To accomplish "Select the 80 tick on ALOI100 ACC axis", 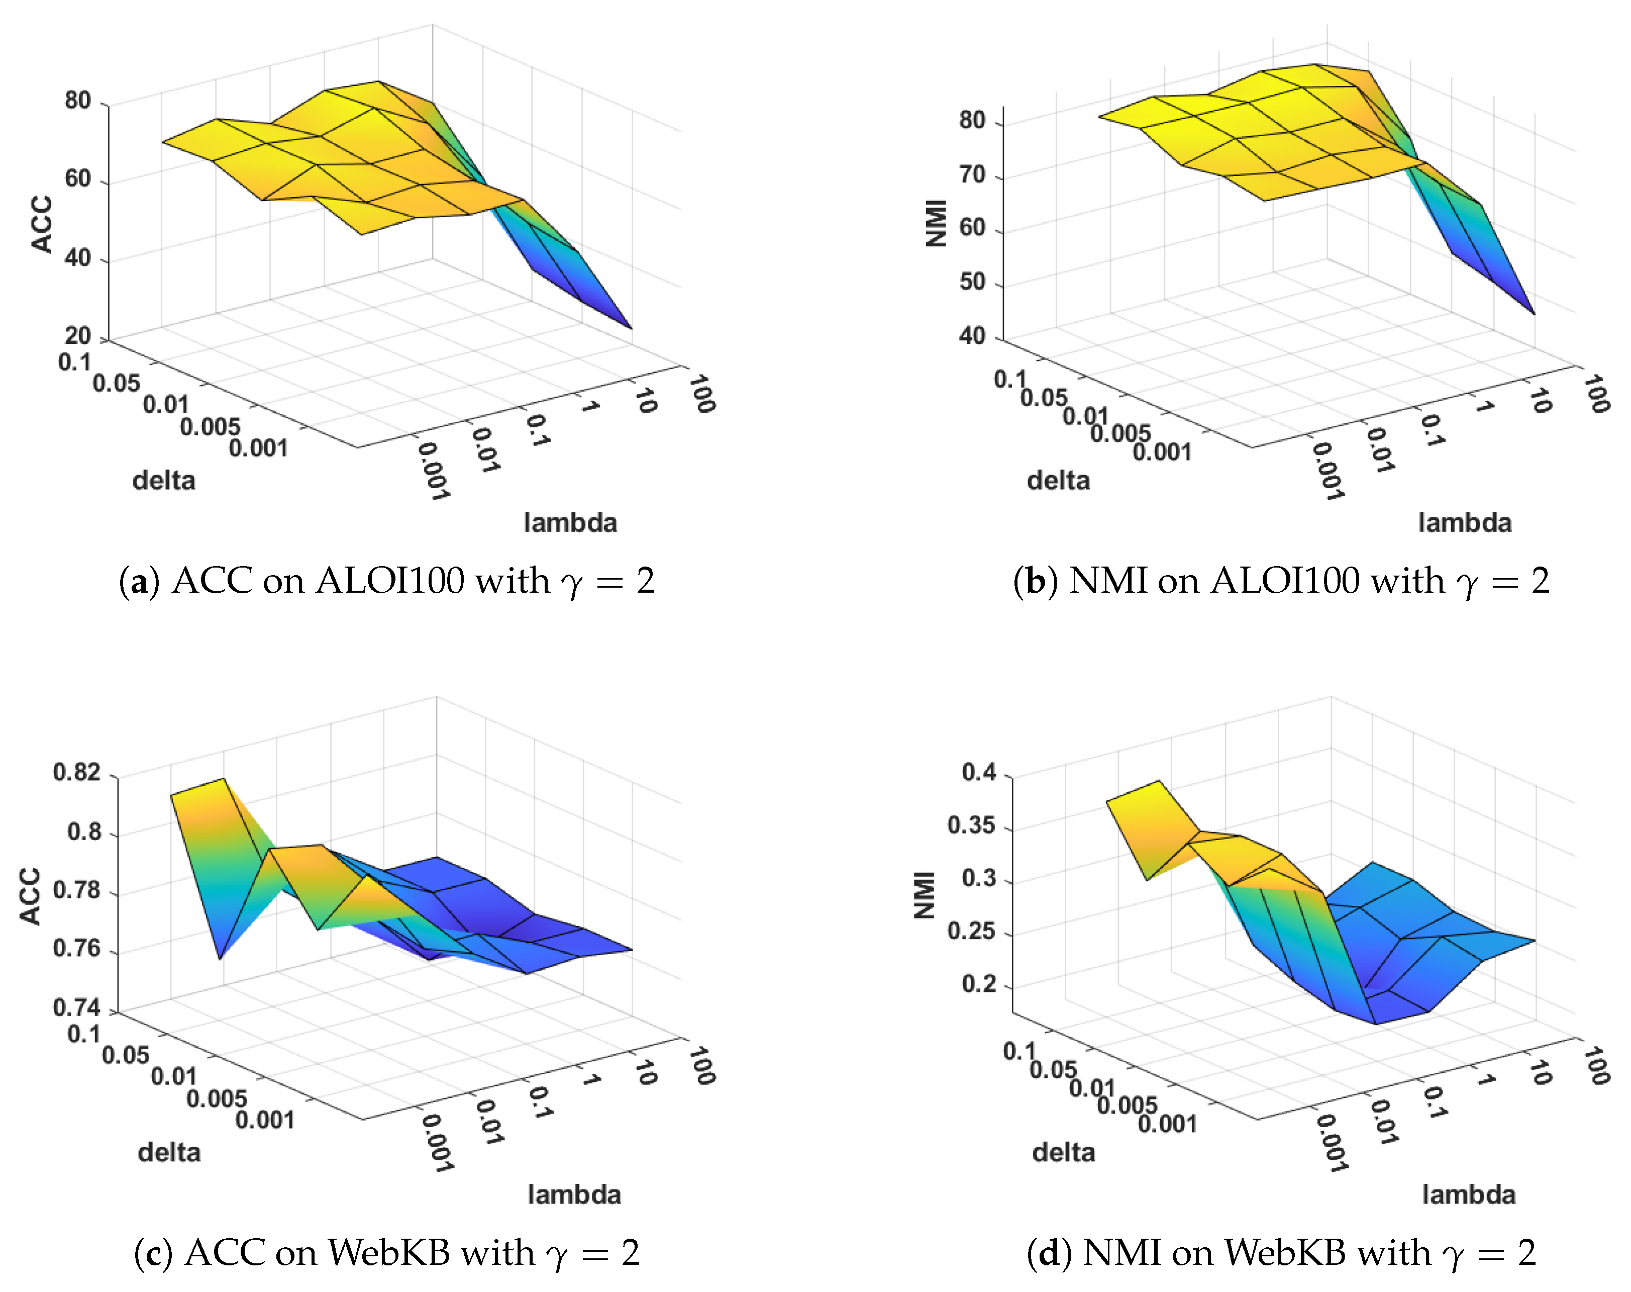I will [x=77, y=101].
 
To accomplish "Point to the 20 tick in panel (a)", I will [x=77, y=335].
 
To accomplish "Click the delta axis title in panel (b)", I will [x=1058, y=480].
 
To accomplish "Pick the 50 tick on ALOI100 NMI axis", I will [x=972, y=282].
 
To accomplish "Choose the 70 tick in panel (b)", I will [x=972, y=175].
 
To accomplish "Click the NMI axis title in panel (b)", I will [x=936, y=223].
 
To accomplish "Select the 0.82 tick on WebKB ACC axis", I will [x=76, y=772].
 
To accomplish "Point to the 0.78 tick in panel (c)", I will [x=76, y=890].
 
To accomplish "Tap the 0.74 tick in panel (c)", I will [x=76, y=1007].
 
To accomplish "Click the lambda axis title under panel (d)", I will [x=1468, y=1195].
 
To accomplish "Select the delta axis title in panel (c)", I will [x=169, y=1153].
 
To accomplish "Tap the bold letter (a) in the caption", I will [x=139, y=582].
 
